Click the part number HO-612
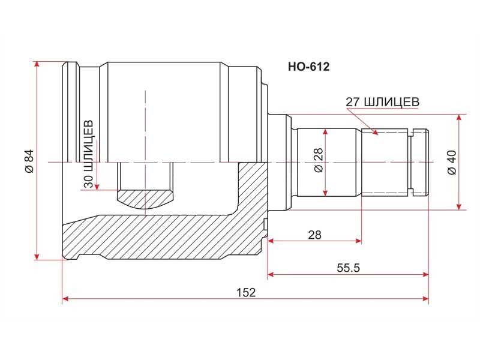click(x=308, y=67)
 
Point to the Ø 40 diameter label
click(x=452, y=162)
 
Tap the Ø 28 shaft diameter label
click(x=319, y=160)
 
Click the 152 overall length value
click(x=246, y=293)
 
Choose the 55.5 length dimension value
click(x=349, y=268)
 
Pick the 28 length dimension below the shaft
click(x=314, y=235)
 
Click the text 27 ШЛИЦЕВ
click(x=382, y=102)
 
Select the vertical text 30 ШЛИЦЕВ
click(x=88, y=154)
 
